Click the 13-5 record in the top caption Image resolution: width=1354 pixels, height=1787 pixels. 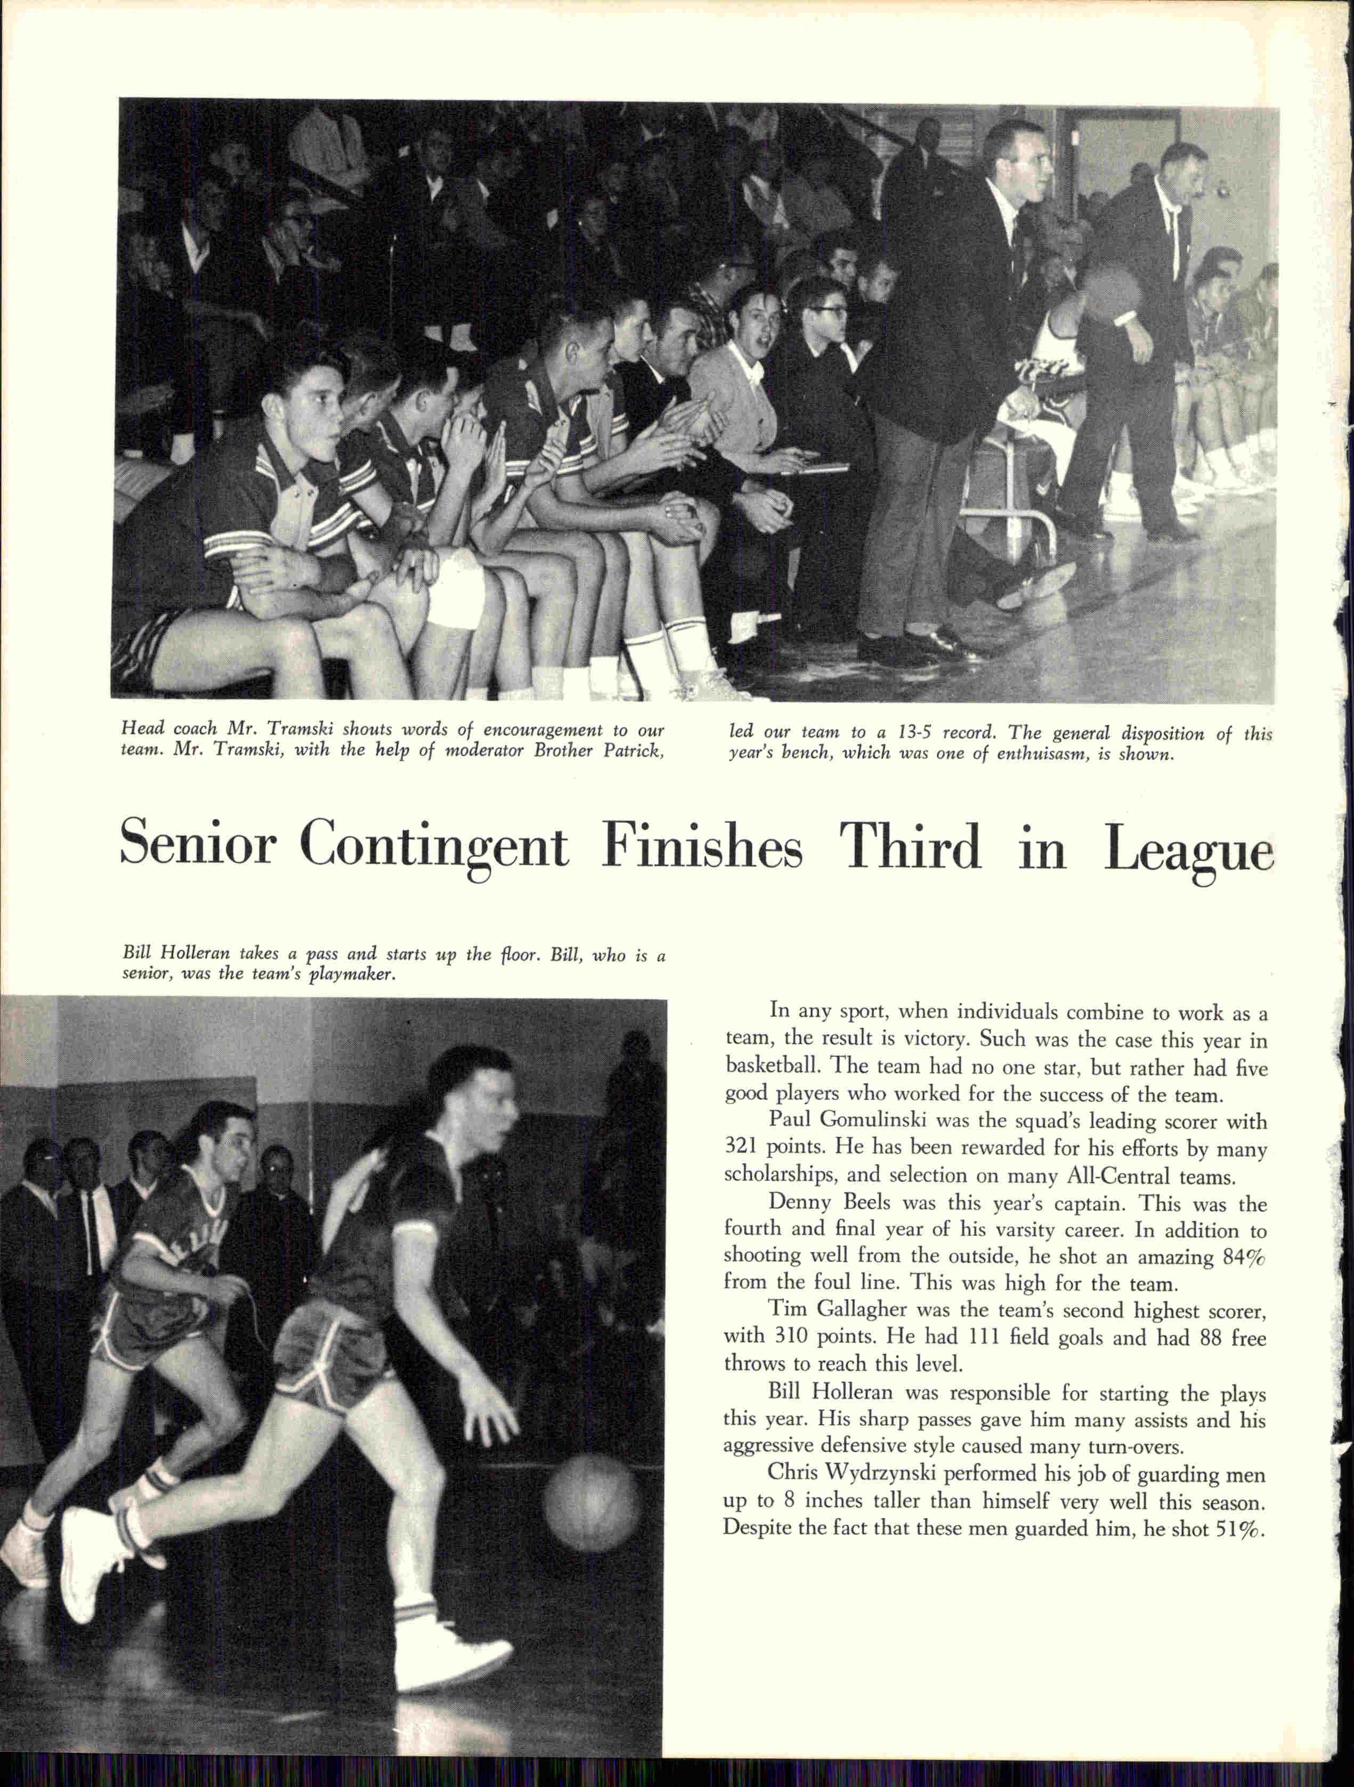[x=910, y=733]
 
